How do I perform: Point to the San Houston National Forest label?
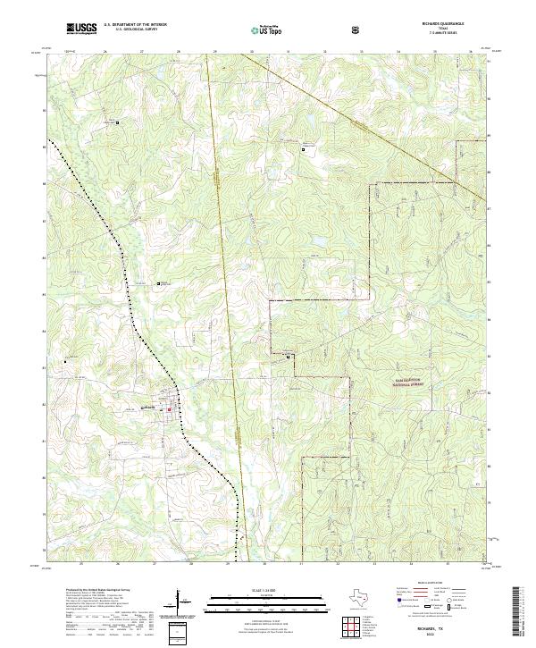(420, 383)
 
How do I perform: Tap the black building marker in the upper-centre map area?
(303, 149)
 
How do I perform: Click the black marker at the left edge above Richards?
(64, 361)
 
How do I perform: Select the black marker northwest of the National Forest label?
(288, 357)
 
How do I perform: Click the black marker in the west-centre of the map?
(159, 284)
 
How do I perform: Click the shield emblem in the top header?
(358, 29)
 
